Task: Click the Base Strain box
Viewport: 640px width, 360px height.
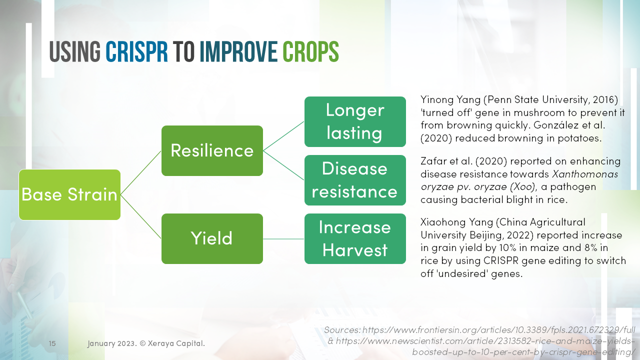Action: [69, 194]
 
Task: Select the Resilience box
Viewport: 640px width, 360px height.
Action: [212, 150]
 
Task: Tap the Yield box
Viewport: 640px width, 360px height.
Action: [212, 238]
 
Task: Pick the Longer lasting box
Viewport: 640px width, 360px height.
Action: [355, 121]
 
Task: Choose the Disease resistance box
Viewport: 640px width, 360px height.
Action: [355, 180]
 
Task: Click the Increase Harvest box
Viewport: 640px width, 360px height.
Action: [355, 238]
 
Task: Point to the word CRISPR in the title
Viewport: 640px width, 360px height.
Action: [136, 51]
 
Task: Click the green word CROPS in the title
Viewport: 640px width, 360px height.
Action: [310, 51]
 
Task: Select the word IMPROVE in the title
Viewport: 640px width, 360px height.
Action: [238, 51]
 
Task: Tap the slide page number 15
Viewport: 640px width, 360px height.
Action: [52, 343]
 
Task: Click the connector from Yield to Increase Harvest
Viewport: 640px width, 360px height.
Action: [283, 239]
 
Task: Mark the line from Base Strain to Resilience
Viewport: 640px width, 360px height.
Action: [141, 172]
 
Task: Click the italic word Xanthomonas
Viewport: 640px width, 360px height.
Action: [585, 174]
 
